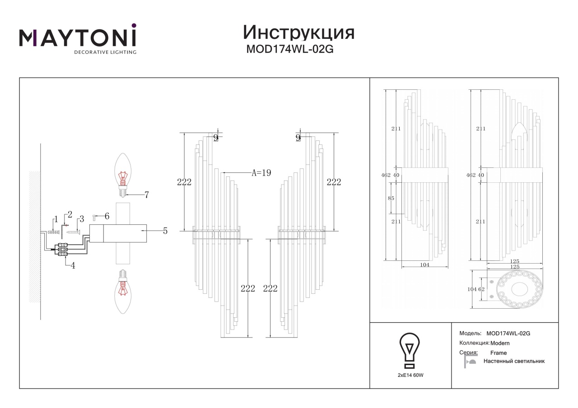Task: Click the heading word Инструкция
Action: [298, 32]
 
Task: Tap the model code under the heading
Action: [290, 49]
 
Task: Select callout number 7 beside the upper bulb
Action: [147, 195]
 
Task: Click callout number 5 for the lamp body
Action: [165, 231]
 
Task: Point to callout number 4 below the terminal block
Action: [73, 265]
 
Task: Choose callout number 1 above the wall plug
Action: [56, 219]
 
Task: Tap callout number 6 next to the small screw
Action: [107, 216]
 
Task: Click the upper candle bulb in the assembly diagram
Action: [123, 175]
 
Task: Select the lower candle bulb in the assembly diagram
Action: [123, 292]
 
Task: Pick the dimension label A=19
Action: [261, 172]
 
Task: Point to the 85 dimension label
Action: [391, 198]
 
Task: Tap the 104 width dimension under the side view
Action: [425, 264]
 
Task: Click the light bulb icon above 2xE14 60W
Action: [410, 351]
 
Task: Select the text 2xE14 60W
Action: [410, 375]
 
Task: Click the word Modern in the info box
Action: [500, 343]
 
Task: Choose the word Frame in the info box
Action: [499, 353]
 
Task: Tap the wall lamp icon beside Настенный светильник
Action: [470, 362]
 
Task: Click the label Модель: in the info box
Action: [470, 334]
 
